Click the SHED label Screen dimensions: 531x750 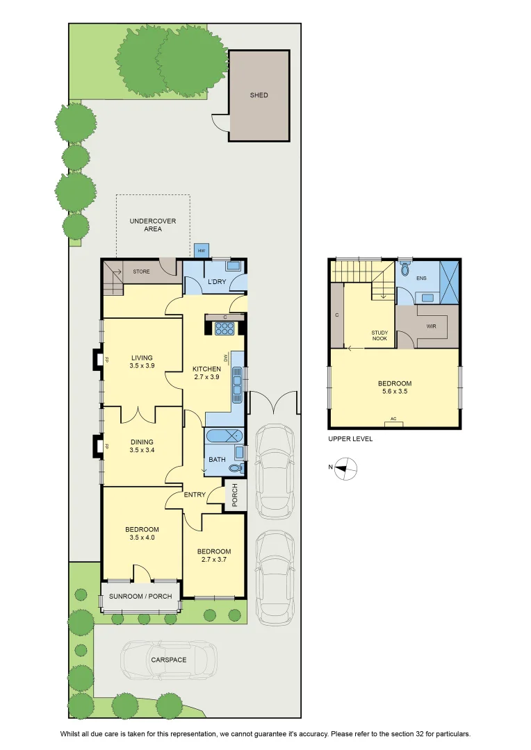tap(259, 95)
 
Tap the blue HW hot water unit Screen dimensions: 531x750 tap(201, 250)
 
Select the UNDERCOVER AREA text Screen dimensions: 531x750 tap(153, 225)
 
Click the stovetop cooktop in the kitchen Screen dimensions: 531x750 tap(224, 328)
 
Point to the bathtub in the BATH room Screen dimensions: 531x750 tap(224, 435)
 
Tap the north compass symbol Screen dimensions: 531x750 tap(345, 468)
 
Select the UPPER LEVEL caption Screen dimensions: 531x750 tap(350, 439)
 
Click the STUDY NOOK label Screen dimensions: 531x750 tap(379, 335)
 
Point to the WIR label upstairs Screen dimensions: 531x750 tap(431, 326)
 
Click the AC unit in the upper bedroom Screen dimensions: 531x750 tap(393, 424)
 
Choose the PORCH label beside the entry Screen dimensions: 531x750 tap(235, 495)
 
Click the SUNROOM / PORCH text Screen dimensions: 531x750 tap(140, 597)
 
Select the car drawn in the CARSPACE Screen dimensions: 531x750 tap(168, 660)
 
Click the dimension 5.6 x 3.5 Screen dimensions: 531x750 tap(395, 391)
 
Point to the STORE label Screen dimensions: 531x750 tap(141, 272)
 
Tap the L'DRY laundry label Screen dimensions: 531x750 tap(217, 282)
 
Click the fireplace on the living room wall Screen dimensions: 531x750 tap(98, 359)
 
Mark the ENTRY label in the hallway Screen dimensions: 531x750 tap(195, 494)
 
